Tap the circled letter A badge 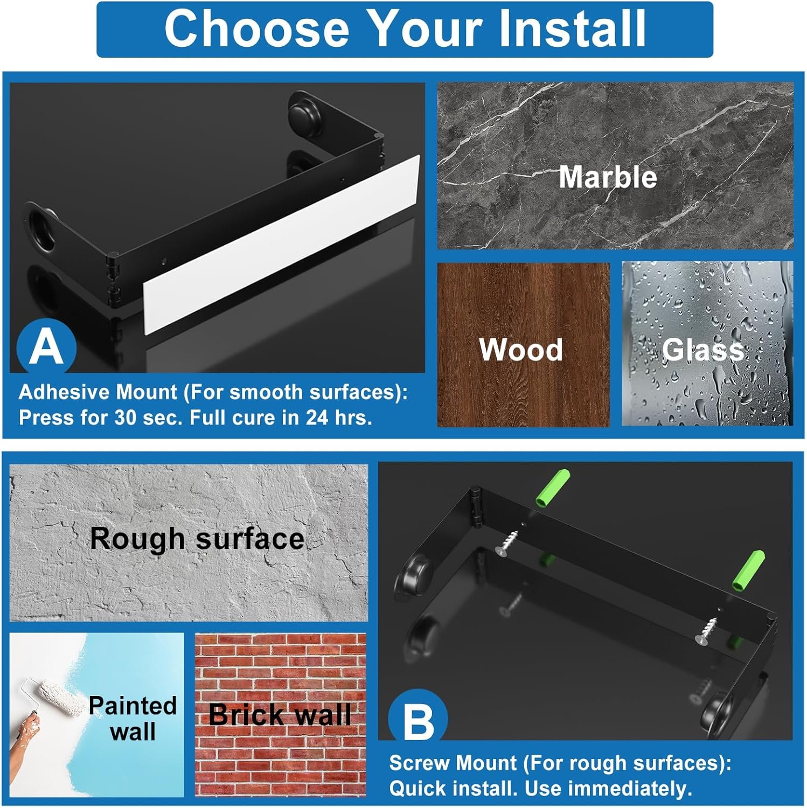pyautogui.click(x=46, y=348)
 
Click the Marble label pyautogui.click(x=608, y=177)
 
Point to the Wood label pyautogui.click(x=521, y=350)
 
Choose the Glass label pyautogui.click(x=703, y=350)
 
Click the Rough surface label pyautogui.click(x=197, y=538)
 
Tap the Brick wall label pyautogui.click(x=280, y=714)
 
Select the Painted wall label pyautogui.click(x=133, y=718)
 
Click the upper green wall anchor pyautogui.click(x=552, y=488)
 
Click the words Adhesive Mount pyautogui.click(x=98, y=392)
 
